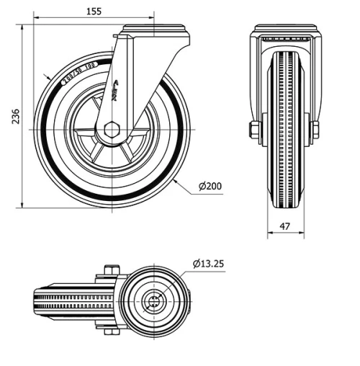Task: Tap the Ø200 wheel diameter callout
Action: click(210, 187)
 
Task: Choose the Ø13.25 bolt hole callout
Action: click(209, 264)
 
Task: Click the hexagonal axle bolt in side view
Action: click(111, 130)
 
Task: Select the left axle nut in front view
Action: click(254, 130)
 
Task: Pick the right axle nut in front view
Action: click(315, 130)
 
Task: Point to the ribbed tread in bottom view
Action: click(72, 302)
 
